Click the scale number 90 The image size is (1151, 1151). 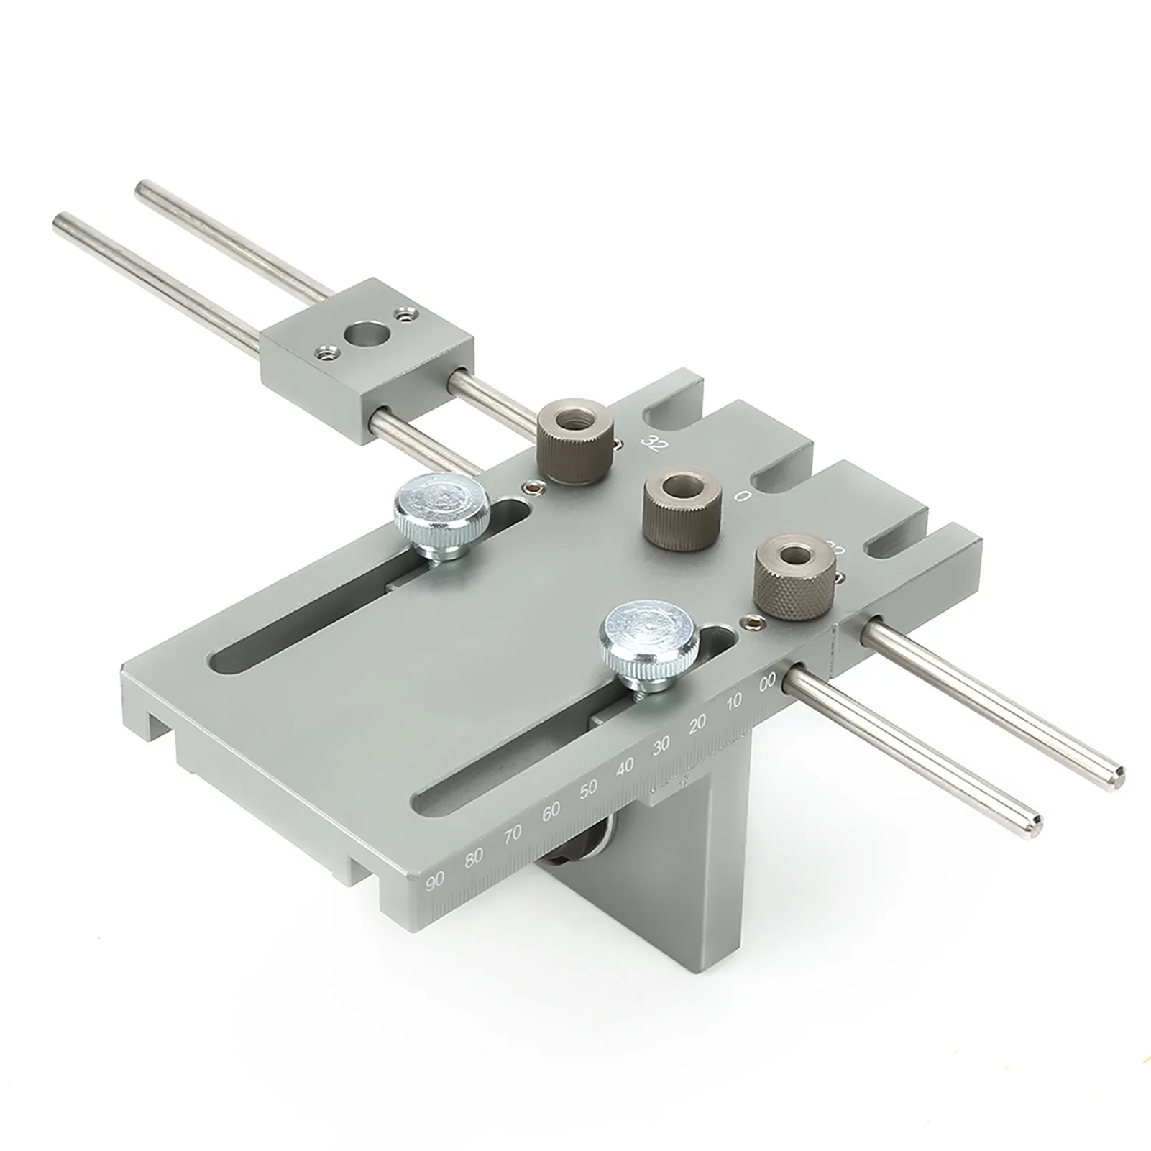point(436,881)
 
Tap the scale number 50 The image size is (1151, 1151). point(588,789)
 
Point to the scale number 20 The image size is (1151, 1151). point(697,725)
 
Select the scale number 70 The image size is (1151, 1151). point(513,835)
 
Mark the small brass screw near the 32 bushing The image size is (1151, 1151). point(531,487)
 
